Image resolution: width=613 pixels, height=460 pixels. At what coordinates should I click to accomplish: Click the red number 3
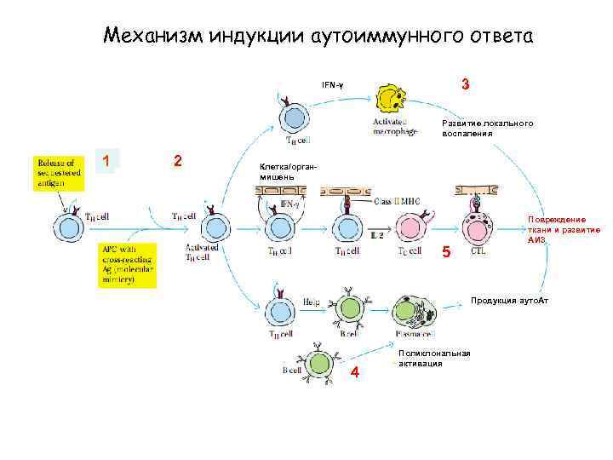pos(466,85)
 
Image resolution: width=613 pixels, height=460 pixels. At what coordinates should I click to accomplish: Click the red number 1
pos(106,161)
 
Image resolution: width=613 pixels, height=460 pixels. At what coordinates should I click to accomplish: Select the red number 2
pos(176,161)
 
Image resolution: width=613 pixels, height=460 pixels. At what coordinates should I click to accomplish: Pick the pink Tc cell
pos(410,228)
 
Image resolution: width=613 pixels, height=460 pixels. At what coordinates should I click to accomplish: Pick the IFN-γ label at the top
pos(333,85)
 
